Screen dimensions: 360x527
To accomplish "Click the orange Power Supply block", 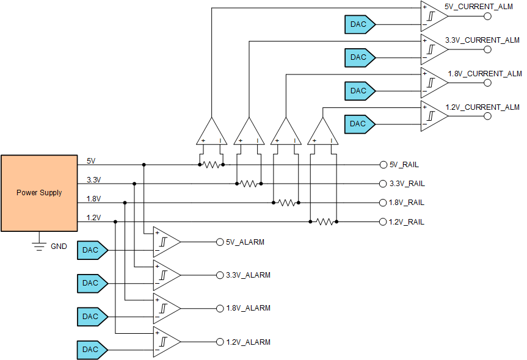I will tap(39, 193).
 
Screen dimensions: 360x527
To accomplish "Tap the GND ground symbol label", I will tap(59, 247).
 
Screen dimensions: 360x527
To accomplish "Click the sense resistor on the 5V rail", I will tap(211, 165).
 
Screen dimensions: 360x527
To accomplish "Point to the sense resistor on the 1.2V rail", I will tap(324, 221).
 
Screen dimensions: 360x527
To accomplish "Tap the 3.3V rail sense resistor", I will tap(249, 184).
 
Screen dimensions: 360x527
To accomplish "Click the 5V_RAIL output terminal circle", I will tap(383, 165).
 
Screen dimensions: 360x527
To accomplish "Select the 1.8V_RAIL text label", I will tap(406, 203).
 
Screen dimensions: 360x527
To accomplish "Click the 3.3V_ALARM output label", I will tap(248, 275).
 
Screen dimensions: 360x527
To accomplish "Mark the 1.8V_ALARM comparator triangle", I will tap(165, 309).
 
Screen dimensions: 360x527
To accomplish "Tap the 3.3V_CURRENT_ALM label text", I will tap(482, 40).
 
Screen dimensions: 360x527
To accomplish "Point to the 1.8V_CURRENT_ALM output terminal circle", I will tap(487, 82).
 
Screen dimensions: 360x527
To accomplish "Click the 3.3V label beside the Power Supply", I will tap(93, 180).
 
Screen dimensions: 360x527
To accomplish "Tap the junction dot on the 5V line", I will tap(144, 165).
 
